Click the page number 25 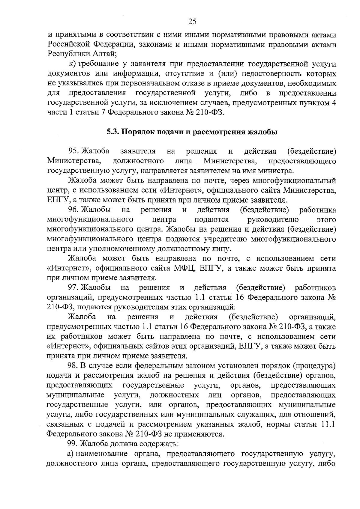click(192, 21)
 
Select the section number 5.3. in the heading click(114, 132)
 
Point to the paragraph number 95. click(74, 152)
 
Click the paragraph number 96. click(74, 210)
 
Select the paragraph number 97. click(74, 288)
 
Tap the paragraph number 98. click(74, 366)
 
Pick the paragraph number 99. click(74, 444)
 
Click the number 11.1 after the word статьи click(328, 425)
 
